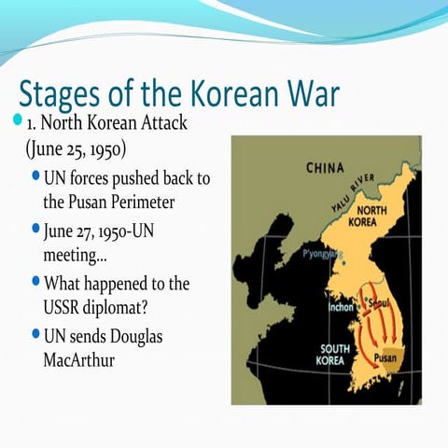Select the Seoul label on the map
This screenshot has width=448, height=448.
click(x=375, y=302)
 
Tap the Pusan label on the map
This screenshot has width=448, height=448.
click(x=388, y=357)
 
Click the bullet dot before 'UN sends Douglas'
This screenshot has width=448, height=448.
click(x=35, y=333)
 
